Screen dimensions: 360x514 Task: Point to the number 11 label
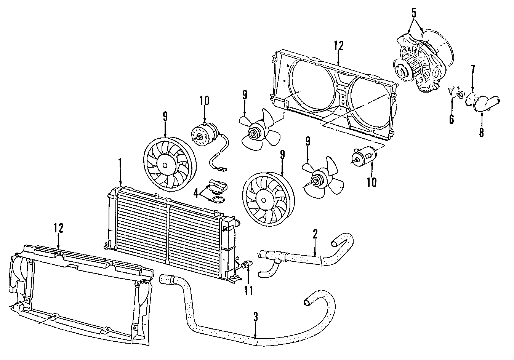pos(248,290)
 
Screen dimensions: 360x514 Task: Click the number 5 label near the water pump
pos(414,13)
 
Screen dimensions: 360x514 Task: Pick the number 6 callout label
pos(472,70)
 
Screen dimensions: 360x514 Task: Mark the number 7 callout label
pos(481,132)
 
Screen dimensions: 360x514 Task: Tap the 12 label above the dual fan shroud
pos(338,46)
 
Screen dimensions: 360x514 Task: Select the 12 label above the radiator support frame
pos(58,228)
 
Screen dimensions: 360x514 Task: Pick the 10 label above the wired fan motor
pos(204,101)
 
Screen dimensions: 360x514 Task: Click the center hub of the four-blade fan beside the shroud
pos(253,133)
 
